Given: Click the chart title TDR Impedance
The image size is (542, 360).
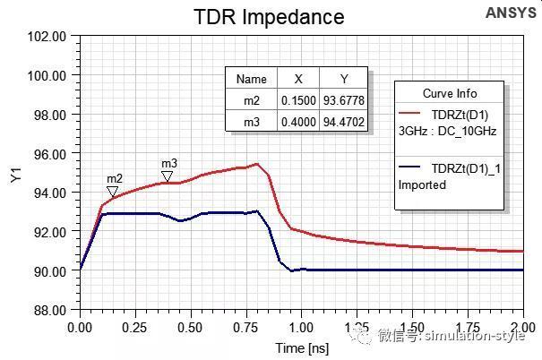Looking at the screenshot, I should (270, 16).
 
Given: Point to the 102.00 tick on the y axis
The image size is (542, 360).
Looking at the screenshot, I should (48, 37).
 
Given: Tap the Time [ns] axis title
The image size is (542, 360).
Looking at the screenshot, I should (301, 345).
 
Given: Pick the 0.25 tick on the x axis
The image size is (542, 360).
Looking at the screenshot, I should (135, 327).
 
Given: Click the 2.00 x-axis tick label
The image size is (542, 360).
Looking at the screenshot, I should (522, 327).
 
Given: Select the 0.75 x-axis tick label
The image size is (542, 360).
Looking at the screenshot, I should (246, 327).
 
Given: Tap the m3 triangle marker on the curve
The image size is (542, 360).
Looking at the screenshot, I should (168, 176).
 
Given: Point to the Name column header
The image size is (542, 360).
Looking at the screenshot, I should (252, 79).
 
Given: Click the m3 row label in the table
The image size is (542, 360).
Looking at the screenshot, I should (252, 120).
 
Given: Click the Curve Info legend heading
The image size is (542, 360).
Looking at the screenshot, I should (450, 93).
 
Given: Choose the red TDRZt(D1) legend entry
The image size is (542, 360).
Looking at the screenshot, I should (456, 115).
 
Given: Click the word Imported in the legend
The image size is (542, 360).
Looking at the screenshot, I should (422, 184).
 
